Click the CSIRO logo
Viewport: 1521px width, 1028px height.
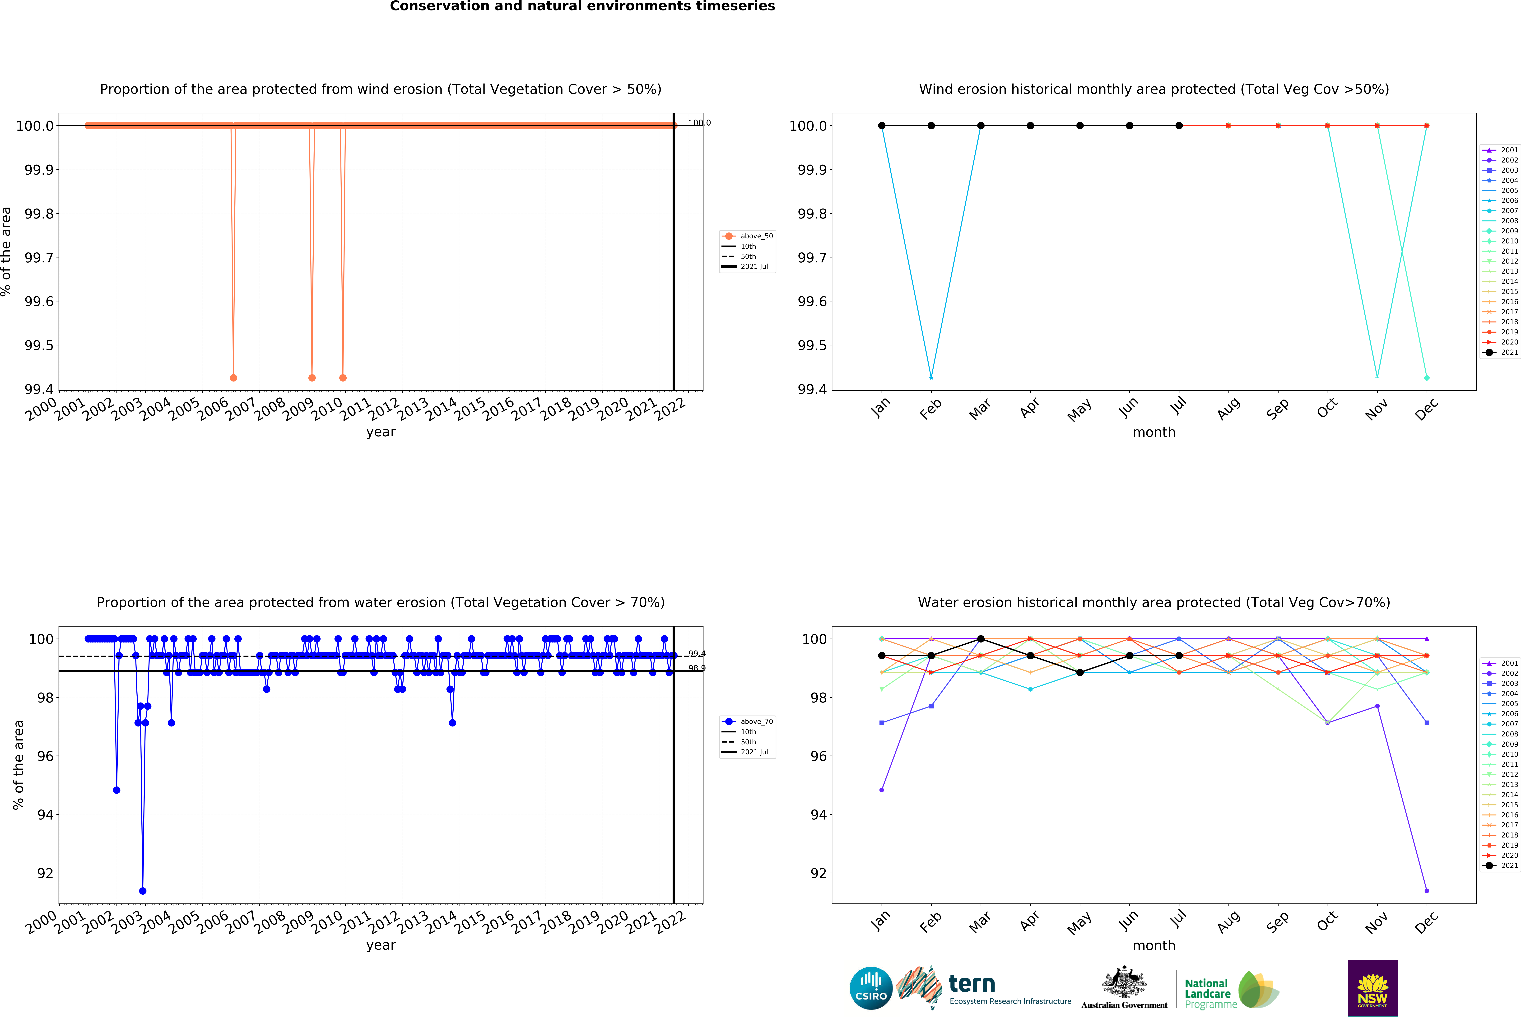pyautogui.click(x=870, y=988)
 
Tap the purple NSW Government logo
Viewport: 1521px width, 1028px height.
pyautogui.click(x=1372, y=988)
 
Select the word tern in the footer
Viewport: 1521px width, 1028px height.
pyautogui.click(x=972, y=983)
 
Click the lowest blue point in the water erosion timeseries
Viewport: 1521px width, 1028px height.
pyautogui.click(x=143, y=891)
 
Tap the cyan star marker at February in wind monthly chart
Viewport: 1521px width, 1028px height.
pyautogui.click(x=931, y=378)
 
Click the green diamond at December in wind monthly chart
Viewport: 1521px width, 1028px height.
pyautogui.click(x=1427, y=378)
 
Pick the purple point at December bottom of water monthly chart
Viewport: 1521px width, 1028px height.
pyautogui.click(x=1427, y=891)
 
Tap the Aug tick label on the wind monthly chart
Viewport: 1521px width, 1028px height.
pyautogui.click(x=1228, y=408)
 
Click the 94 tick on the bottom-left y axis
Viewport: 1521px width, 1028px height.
pyautogui.click(x=45, y=815)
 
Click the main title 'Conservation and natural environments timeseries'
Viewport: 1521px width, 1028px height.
pyautogui.click(x=582, y=7)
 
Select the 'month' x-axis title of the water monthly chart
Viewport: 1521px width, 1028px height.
pyautogui.click(x=1154, y=946)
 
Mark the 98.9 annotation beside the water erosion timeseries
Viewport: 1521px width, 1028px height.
pyautogui.click(x=696, y=668)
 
